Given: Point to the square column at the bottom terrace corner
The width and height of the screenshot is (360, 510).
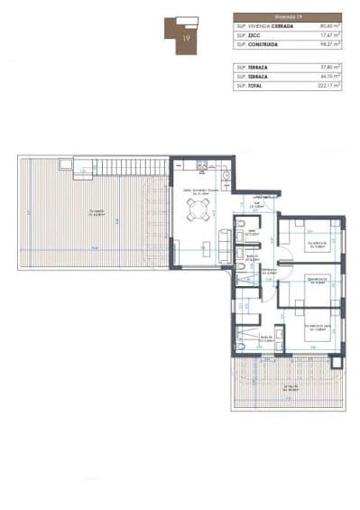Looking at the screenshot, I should coord(336,359).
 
